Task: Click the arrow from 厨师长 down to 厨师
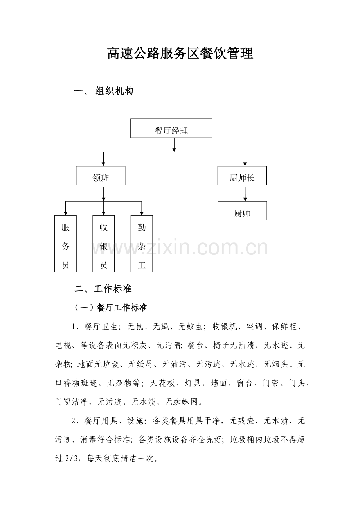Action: [245, 194]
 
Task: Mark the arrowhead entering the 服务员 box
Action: [65, 213]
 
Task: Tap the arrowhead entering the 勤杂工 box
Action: [142, 213]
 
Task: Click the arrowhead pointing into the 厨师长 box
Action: [245, 164]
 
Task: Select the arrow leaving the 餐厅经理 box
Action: [174, 145]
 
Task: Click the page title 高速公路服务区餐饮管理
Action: [180, 54]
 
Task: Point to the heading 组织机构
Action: [114, 91]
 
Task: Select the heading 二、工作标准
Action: [103, 289]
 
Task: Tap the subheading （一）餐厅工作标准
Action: [111, 307]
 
